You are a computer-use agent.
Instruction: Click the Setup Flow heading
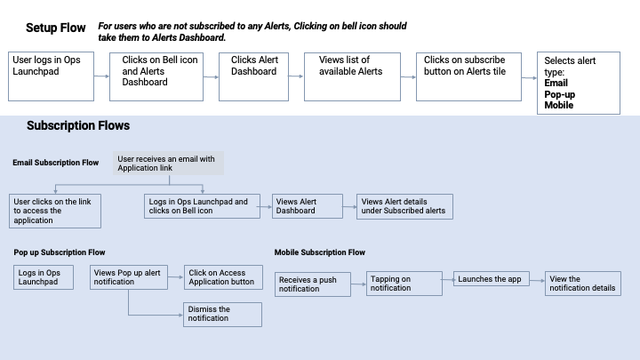tap(56, 28)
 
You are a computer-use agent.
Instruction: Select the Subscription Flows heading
tap(78, 126)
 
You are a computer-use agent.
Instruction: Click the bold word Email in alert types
tap(556, 83)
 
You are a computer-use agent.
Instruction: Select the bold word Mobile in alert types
tap(559, 105)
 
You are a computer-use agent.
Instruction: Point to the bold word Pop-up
tap(560, 93)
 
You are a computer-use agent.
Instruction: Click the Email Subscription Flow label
tap(56, 163)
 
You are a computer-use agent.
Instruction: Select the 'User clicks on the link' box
tap(55, 211)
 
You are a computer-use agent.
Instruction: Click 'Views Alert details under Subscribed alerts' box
tap(404, 206)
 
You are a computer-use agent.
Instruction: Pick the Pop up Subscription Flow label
tap(60, 252)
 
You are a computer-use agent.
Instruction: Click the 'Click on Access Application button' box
tap(222, 276)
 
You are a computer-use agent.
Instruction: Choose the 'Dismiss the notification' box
tap(222, 314)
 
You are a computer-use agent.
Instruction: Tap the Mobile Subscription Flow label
tap(319, 252)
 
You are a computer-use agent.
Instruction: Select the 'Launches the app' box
tap(491, 279)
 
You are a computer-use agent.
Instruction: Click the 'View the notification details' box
tap(581, 284)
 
